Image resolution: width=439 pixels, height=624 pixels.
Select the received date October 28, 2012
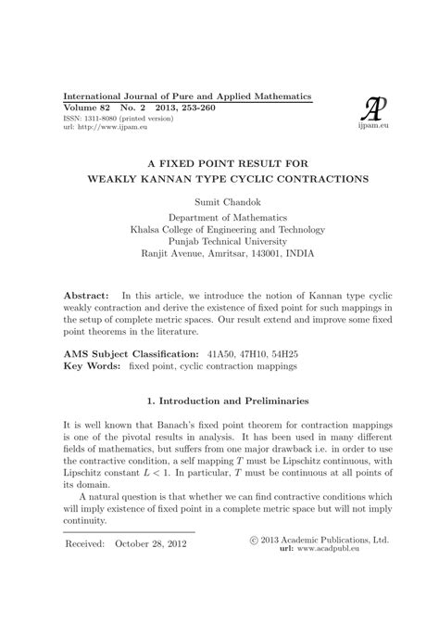pyautogui.click(x=149, y=543)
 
